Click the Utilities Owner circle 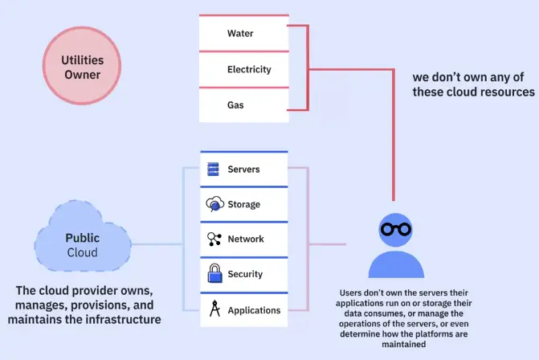(x=81, y=67)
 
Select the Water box (x=243, y=34)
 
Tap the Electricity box (x=243, y=69)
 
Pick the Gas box (x=243, y=105)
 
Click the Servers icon (x=214, y=170)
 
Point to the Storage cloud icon (x=214, y=204)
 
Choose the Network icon (x=214, y=239)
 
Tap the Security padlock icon (x=214, y=274)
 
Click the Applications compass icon (x=214, y=309)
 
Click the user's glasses (x=395, y=229)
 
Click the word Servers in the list (x=244, y=170)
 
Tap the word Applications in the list (x=254, y=310)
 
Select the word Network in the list (x=245, y=239)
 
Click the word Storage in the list (x=244, y=205)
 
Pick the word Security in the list (x=245, y=275)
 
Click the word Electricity (x=249, y=70)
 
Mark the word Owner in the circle (x=81, y=75)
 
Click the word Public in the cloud (x=82, y=238)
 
